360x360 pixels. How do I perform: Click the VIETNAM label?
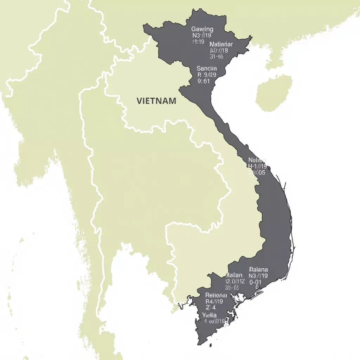(156, 101)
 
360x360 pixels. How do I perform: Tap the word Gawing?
(202, 29)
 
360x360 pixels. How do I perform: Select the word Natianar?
(221, 44)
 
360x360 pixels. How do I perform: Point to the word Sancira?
(207, 68)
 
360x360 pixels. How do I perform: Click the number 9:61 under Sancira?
(204, 81)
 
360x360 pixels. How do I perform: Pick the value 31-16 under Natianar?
(216, 56)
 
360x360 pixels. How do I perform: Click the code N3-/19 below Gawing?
(201, 36)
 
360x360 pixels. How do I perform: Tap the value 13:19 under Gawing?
(198, 41)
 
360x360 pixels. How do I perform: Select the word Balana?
(258, 269)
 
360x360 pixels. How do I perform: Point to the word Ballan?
(234, 275)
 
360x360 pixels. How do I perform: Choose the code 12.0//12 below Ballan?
(234, 281)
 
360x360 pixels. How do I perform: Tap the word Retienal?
(216, 295)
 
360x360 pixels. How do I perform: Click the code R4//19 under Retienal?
(214, 301)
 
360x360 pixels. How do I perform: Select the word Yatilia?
(210, 315)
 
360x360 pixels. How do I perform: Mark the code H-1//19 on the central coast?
(257, 166)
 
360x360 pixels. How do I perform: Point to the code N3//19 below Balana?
(258, 276)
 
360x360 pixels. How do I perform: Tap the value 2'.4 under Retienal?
(211, 308)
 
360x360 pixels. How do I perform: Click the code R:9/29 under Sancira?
(207, 75)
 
